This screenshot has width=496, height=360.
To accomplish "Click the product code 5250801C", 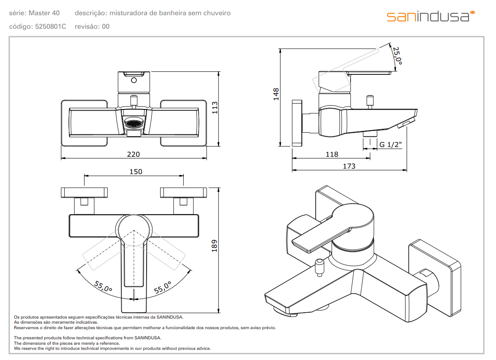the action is [51, 27].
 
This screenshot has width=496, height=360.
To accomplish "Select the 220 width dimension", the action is [133, 154].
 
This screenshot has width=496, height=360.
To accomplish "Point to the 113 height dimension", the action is [215, 108].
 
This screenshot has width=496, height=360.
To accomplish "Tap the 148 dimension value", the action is [276, 94].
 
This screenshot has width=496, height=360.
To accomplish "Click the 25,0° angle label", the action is [397, 56].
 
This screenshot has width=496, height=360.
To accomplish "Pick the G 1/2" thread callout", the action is [390, 145].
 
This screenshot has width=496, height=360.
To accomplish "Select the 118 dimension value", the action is [332, 154].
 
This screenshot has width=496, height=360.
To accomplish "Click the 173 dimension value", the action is [349, 166].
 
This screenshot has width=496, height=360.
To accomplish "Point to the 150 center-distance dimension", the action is [136, 172].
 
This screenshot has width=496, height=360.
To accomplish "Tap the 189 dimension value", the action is [215, 246].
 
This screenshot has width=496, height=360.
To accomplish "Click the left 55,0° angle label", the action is [103, 286].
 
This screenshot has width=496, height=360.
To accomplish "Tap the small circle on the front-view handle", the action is [134, 80].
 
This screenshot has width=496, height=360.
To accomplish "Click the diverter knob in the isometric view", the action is [320, 267].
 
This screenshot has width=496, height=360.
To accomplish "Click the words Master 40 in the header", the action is [44, 13].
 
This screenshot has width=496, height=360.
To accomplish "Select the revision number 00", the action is [106, 27].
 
